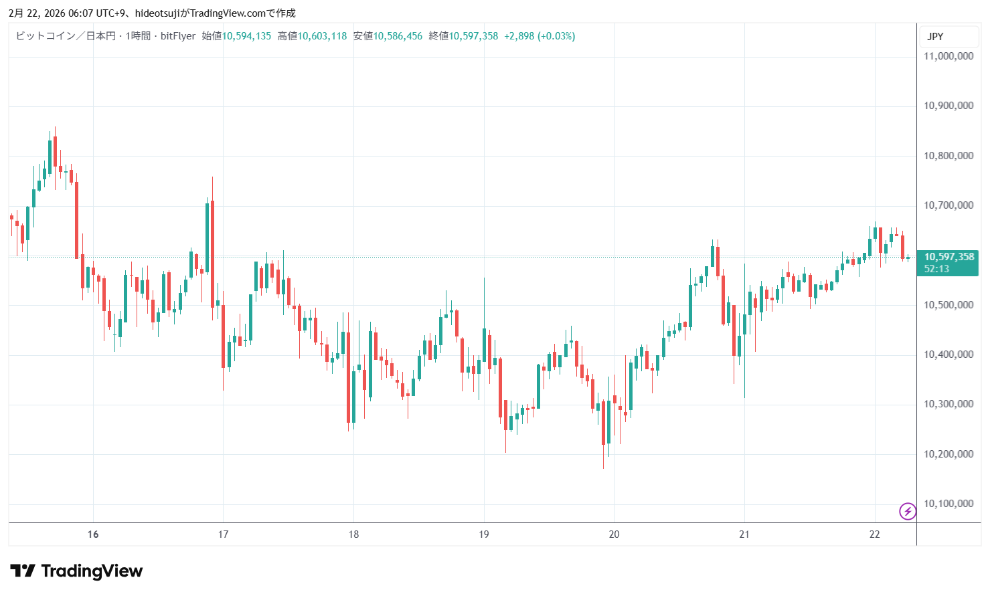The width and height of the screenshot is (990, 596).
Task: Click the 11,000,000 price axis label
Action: click(948, 56)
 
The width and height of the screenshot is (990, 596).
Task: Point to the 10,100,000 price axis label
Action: click(948, 504)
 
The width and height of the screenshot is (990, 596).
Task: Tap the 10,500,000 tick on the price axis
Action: click(948, 305)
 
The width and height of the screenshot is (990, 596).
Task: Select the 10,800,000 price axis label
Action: click(948, 156)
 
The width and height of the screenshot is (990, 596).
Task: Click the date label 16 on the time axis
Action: click(93, 534)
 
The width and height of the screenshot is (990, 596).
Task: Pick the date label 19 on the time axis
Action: click(484, 534)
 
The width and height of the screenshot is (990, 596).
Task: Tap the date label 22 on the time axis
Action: click(874, 534)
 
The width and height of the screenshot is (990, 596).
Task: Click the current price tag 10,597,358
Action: click(949, 257)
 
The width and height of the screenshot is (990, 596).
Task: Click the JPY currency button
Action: click(935, 37)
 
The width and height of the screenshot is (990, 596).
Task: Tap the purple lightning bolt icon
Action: click(908, 512)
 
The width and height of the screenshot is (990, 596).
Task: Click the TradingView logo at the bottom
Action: click(76, 571)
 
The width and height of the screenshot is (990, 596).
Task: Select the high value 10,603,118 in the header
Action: click(322, 36)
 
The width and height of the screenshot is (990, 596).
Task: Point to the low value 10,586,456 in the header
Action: click(398, 36)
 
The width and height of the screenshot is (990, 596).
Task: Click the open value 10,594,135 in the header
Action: click(246, 36)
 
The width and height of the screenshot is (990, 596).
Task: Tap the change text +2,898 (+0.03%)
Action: click(540, 36)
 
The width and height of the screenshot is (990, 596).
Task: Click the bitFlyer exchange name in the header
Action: click(178, 36)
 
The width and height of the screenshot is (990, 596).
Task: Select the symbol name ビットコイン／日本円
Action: click(66, 36)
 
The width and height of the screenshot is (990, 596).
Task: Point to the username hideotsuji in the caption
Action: click(157, 13)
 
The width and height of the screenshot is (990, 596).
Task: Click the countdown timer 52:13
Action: click(936, 269)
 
